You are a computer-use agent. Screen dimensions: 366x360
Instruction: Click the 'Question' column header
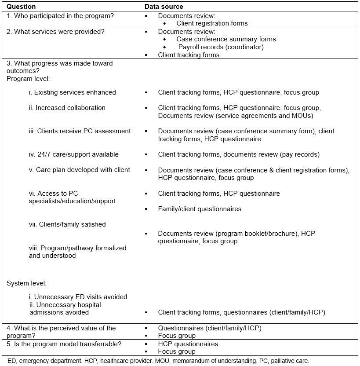21,7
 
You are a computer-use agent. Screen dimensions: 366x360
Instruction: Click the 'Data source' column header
164,7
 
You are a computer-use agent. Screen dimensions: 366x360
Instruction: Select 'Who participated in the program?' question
60,16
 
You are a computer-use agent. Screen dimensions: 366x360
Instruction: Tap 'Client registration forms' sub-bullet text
212,23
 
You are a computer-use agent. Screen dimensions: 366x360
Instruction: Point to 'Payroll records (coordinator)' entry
221,47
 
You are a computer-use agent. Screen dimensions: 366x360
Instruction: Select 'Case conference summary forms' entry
226,39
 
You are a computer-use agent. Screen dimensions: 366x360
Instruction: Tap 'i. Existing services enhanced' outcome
73,92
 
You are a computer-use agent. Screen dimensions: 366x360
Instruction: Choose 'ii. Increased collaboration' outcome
67,108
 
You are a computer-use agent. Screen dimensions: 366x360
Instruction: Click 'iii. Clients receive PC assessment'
80,131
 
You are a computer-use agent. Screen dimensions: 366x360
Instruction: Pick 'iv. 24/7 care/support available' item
74,154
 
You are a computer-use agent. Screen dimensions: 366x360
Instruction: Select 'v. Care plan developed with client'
80,170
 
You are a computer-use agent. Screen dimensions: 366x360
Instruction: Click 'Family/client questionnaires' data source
200,209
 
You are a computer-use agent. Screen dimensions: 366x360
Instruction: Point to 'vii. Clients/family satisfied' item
67,224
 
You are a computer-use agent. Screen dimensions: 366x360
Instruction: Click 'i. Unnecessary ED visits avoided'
78,297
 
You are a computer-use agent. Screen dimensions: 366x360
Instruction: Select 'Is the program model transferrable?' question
64,344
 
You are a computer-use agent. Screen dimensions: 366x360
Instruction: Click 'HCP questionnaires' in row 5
188,344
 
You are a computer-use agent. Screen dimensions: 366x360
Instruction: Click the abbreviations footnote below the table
158,361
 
